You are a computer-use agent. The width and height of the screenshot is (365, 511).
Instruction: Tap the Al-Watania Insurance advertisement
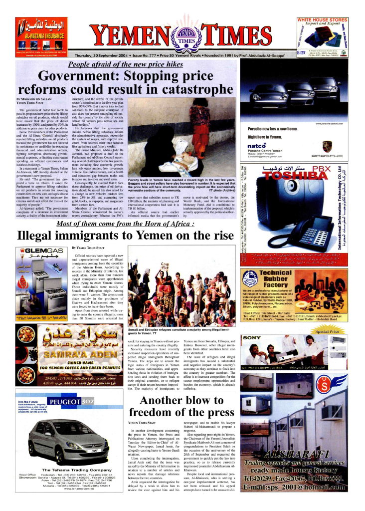click(x=41, y=34)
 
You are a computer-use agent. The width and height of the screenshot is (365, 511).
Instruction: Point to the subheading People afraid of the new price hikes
click(x=133, y=64)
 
